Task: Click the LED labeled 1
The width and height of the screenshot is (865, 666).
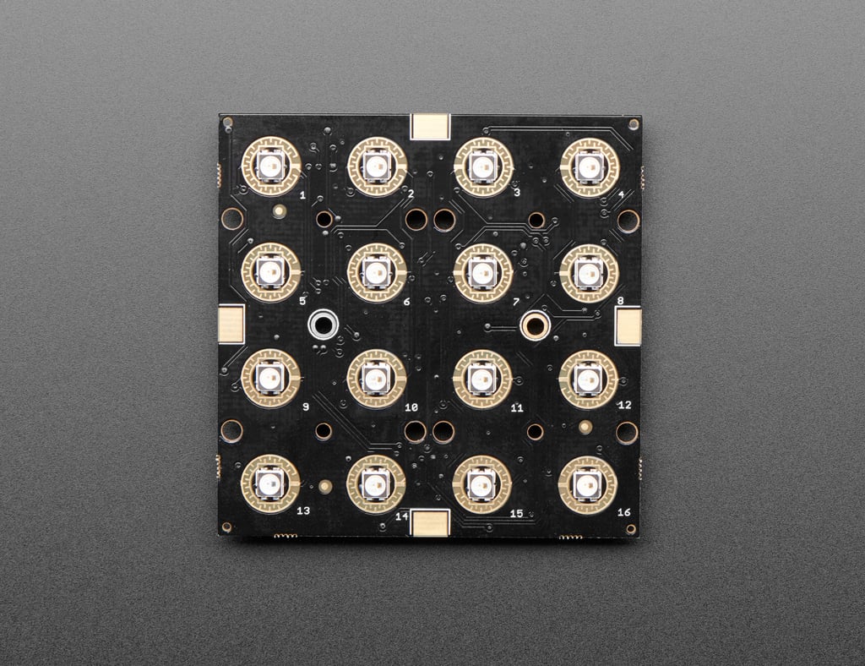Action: coord(271,166)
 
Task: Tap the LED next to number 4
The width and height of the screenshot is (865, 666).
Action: coord(589,166)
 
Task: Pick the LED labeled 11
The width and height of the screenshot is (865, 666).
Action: coord(482,379)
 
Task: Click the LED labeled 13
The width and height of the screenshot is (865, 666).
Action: coord(270,484)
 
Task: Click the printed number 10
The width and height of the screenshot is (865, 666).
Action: coord(411,407)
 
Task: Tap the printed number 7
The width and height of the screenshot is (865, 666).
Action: coord(516,302)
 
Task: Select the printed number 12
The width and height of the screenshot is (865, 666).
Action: coord(624,405)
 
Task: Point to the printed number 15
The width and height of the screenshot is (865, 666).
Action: coord(516,514)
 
